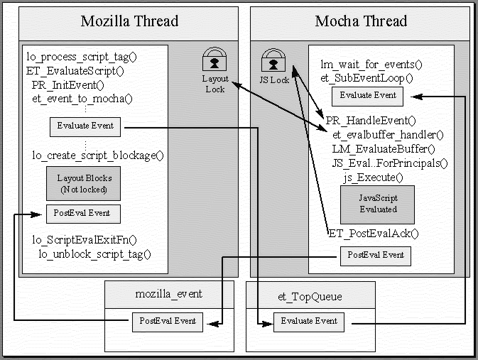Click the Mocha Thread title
coord(360,21)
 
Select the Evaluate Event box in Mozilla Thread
coord(85,126)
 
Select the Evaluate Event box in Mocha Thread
coord(367,96)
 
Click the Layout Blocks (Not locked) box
coord(83,184)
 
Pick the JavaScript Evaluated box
coord(377,204)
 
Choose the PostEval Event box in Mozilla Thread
coord(83,213)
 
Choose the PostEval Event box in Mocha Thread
coord(376,256)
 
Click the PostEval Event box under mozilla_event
coord(168,322)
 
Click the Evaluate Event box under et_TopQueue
coord(309,322)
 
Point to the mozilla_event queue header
coord(169,294)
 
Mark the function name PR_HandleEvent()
coord(371,121)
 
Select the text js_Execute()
coord(374,178)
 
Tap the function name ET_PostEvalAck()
coord(374,233)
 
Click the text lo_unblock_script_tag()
coord(95,253)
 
